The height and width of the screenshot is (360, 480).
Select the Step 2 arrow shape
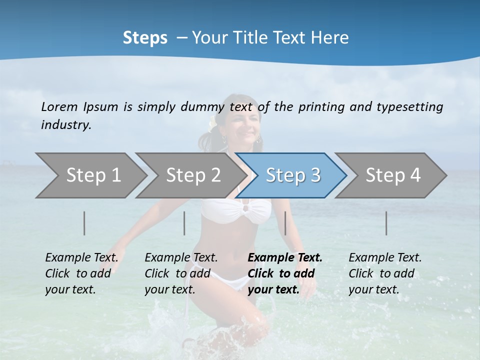[192, 175]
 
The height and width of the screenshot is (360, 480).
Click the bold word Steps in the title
[145, 37]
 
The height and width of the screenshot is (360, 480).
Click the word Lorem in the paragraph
[59, 106]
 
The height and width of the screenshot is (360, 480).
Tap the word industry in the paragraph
[66, 124]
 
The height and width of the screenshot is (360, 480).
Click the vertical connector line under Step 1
[84, 223]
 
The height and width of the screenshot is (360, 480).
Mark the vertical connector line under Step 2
[184, 223]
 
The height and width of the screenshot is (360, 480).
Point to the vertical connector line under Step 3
[285, 223]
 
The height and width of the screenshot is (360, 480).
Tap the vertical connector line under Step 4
[386, 223]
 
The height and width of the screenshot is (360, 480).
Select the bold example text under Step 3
[285, 273]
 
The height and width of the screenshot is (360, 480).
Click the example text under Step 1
[81, 273]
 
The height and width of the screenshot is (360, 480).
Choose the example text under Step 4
[385, 273]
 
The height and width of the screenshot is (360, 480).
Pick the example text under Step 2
[181, 273]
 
